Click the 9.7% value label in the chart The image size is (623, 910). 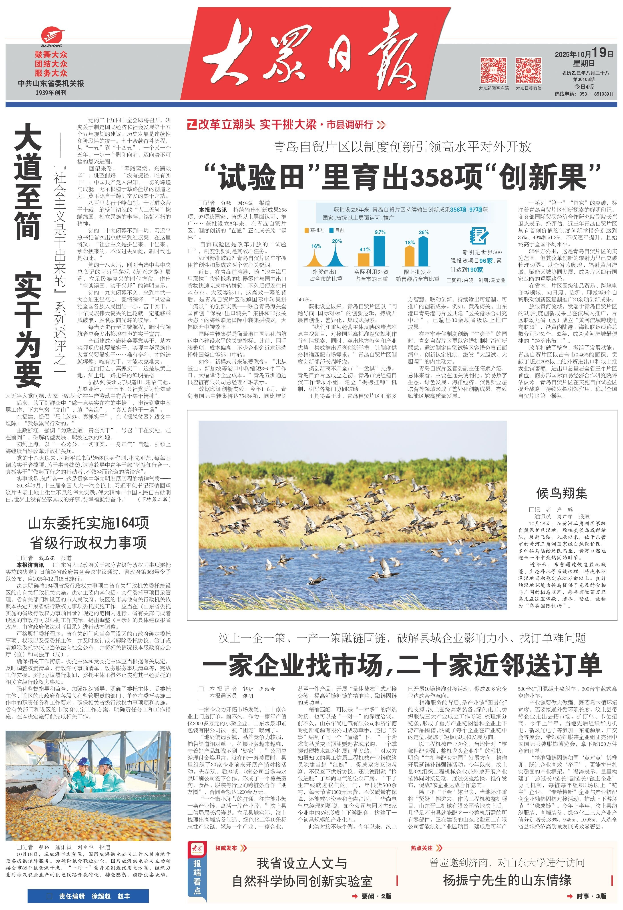pos(380,232)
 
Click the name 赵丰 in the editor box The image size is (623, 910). pos(124,896)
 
